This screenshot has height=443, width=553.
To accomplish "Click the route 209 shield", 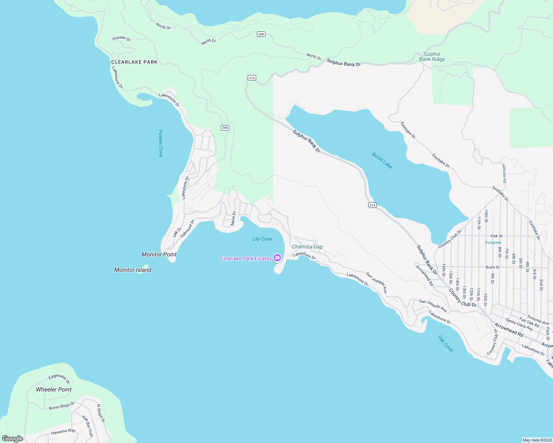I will (261, 34).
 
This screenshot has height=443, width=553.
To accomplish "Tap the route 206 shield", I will (225, 128).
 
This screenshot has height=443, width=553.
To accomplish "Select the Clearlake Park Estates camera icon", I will (277, 258).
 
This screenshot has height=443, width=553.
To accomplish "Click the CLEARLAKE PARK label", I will (134, 62).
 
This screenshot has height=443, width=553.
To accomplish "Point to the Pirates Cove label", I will (160, 143).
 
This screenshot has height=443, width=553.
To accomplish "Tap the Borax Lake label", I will (382, 161).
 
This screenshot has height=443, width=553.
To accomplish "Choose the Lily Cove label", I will (262, 239).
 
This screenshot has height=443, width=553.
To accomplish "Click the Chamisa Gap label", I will (307, 247).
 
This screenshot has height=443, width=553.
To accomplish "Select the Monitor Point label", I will (159, 254).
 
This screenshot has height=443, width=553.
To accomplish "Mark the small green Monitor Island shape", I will (145, 266).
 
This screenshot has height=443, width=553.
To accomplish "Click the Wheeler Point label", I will (54, 389).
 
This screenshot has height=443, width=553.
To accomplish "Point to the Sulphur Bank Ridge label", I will (432, 56).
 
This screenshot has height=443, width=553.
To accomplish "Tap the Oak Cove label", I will (445, 343).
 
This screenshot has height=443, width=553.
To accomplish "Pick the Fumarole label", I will (493, 243).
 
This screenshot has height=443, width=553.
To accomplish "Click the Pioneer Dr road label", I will (122, 38).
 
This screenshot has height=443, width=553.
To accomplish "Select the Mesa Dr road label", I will (233, 218).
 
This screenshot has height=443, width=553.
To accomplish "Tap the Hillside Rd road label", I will (504, 174).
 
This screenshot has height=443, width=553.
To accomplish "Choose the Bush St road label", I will (492, 267).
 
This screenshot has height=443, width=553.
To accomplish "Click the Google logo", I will (13, 439).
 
